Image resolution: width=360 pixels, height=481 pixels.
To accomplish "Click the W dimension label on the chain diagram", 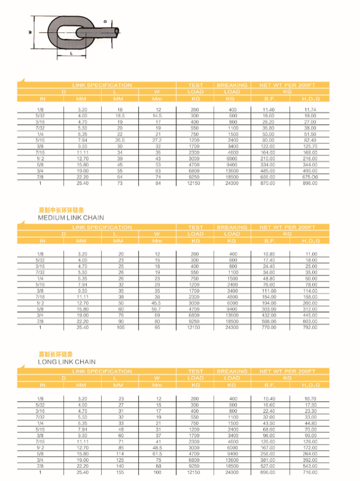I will [30, 32].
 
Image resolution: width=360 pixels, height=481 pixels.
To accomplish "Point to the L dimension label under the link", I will [71, 54].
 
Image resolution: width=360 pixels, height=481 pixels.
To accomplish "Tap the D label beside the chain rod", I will [105, 22].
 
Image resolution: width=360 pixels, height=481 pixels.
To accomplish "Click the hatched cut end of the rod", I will [116, 31].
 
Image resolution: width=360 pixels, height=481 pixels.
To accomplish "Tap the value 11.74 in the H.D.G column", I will [309, 110].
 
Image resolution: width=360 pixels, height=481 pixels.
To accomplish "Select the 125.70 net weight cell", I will [309, 146].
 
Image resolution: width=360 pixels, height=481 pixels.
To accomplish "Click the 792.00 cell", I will [309, 327].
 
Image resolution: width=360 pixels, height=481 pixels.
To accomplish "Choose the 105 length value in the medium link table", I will [120, 327].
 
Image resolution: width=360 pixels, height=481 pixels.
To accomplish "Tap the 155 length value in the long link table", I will [120, 472].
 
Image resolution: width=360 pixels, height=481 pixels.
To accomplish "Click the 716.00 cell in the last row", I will [309, 472].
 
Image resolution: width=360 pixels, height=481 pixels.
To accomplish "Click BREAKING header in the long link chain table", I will [231, 371].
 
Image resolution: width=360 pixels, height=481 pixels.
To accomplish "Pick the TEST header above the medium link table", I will [196, 227].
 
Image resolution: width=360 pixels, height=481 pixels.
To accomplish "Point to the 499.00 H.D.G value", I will [309, 171].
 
